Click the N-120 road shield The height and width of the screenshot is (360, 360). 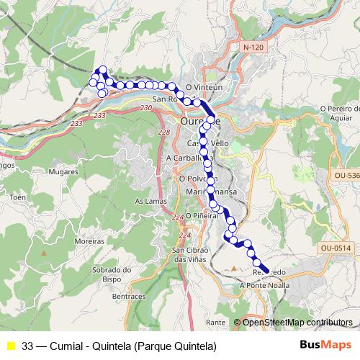coord(250,45)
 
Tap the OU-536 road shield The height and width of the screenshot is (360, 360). coord(346,174)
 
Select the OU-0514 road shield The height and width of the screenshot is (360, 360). coord(336,248)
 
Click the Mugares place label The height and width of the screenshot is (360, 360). coord(63,173)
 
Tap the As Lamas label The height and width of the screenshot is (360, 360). coord(148,202)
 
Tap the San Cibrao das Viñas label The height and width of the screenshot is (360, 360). coord(189,254)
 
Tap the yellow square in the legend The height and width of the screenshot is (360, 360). coord(10,346)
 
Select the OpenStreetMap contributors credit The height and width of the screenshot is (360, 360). coord(297,322)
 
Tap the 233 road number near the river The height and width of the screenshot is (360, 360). coord(99,115)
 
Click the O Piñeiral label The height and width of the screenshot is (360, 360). coord(202,215)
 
